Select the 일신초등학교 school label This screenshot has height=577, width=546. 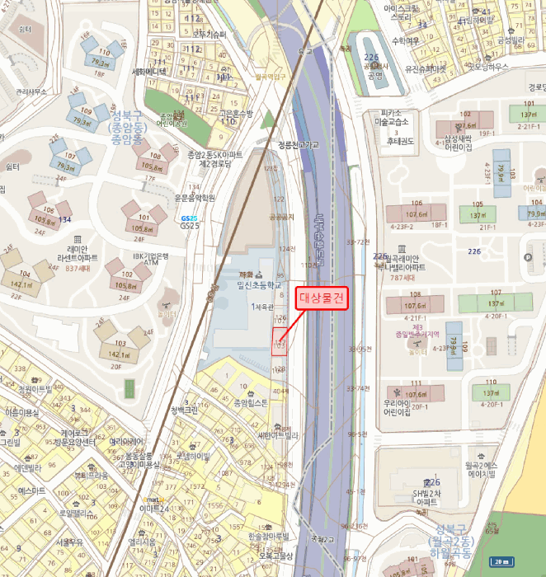tap(260, 284)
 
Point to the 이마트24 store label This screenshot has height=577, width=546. tap(154, 509)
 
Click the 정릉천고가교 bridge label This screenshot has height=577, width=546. tap(298, 143)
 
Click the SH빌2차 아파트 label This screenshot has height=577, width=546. tap(426, 496)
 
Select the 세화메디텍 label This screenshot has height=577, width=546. tap(149, 72)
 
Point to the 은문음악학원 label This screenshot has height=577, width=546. tap(195, 198)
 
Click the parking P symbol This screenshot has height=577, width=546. tap(528, 256)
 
